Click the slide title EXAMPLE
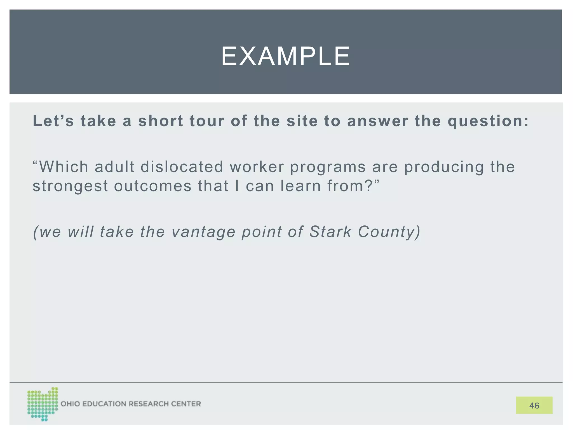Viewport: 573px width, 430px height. pos(285,56)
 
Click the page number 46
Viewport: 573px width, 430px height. pos(534,405)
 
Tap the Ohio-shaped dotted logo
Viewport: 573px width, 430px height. pos(43,404)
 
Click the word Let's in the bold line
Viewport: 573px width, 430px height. pos(53,121)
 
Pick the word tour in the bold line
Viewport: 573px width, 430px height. pos(207,121)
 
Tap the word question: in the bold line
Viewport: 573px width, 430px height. pos(488,121)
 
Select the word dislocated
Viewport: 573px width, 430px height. pos(182,167)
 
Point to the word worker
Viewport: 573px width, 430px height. pos(257,167)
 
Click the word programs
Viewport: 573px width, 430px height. pos(328,167)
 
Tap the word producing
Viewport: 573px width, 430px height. pos(444,167)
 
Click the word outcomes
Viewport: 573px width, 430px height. pos(153,186)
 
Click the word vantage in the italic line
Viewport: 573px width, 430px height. pos(203,232)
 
